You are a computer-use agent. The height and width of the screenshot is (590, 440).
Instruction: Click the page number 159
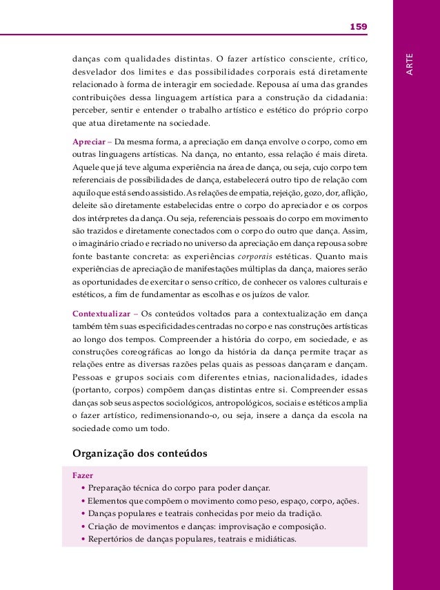(x=358, y=27)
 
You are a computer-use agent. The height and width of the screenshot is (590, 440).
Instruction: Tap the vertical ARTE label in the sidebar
(x=410, y=64)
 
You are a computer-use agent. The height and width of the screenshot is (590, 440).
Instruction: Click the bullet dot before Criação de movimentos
(x=83, y=526)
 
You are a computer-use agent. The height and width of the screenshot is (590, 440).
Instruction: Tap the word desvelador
(x=95, y=71)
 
